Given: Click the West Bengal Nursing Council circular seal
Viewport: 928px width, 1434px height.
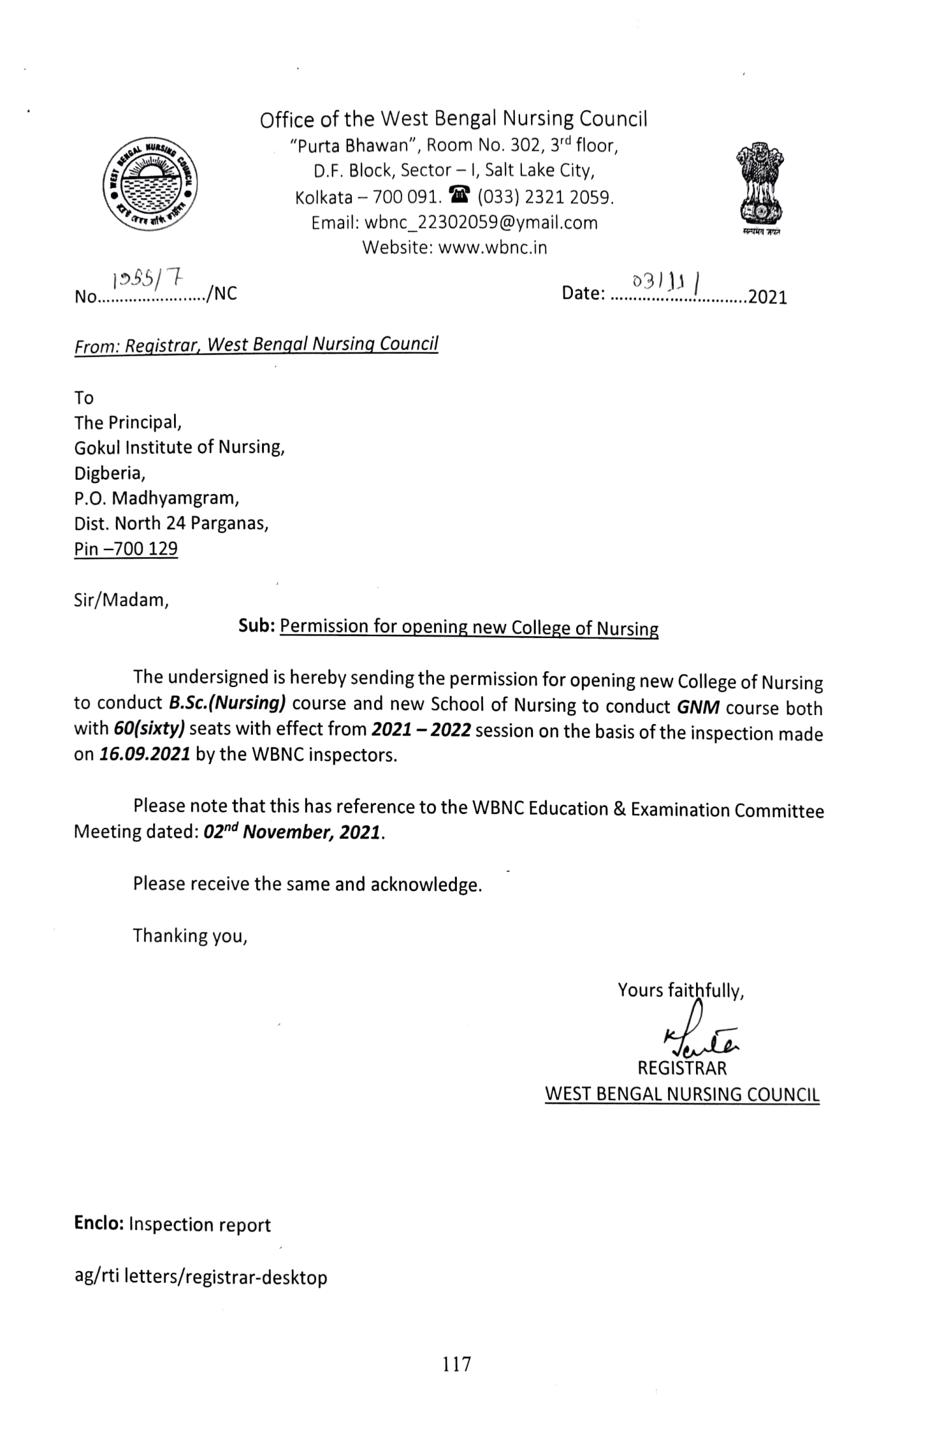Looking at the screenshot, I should pos(151,184).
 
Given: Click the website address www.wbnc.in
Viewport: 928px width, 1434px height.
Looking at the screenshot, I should pos(493,248).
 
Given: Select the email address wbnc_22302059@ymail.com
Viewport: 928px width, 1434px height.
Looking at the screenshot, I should pos(481,223).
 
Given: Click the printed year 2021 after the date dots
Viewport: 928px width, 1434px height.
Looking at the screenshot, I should pos(768,298).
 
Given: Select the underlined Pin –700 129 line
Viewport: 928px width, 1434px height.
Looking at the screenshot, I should pos(126,549).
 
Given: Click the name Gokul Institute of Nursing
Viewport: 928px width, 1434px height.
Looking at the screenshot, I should pos(179,447).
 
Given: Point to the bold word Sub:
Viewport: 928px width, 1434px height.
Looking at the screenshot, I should pos(257,626).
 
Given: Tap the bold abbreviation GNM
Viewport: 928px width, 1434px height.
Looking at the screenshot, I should pos(698,707).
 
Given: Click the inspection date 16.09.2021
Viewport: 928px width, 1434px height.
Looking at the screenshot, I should pos(145,754).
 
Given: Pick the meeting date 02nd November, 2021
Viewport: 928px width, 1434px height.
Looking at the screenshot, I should pos(291,833).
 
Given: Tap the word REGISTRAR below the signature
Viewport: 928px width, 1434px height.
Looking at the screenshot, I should pos(682,1068).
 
